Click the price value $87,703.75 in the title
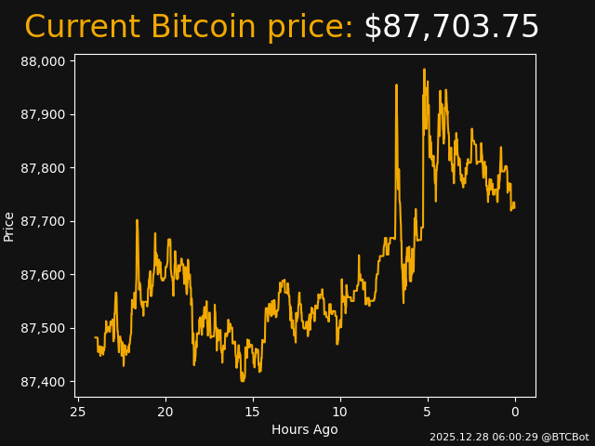[x=451, y=27]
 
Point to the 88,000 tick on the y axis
[x=43, y=61]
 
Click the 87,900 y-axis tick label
[x=43, y=115]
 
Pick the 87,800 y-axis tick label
[x=43, y=168]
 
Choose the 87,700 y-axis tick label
[x=43, y=222]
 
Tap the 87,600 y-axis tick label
[x=43, y=275]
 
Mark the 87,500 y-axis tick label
[x=43, y=329]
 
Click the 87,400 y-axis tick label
[x=43, y=382]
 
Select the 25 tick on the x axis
[x=78, y=412]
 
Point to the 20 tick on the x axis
[x=165, y=412]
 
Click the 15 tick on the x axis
[x=253, y=412]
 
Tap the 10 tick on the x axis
[x=340, y=412]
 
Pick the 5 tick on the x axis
[x=428, y=412]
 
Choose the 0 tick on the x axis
[x=515, y=412]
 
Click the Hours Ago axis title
[x=305, y=429]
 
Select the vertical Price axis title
[x=9, y=226]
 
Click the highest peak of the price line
[x=424, y=70]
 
